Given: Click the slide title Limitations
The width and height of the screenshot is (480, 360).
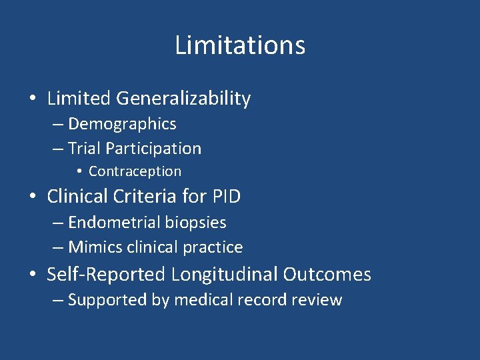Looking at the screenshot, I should [x=240, y=45].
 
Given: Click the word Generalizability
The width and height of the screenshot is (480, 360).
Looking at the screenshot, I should [x=183, y=99].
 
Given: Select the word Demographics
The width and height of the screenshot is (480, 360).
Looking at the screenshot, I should [x=122, y=124].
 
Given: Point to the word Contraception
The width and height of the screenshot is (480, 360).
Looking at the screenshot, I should [x=135, y=171].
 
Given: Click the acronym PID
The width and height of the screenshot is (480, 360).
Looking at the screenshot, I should [x=227, y=197].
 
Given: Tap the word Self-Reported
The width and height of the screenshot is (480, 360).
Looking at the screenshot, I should [x=107, y=275].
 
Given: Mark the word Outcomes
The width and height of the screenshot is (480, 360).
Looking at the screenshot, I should [x=327, y=275].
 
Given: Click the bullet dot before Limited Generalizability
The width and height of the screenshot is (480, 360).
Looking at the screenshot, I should [x=33, y=99].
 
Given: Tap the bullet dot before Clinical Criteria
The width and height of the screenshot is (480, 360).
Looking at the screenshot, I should [x=33, y=197].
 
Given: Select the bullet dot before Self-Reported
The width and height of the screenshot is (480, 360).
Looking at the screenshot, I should [x=33, y=275].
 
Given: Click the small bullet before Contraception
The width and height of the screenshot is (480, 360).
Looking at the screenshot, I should [x=79, y=171].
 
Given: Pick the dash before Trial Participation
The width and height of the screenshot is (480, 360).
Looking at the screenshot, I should [x=58, y=149].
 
